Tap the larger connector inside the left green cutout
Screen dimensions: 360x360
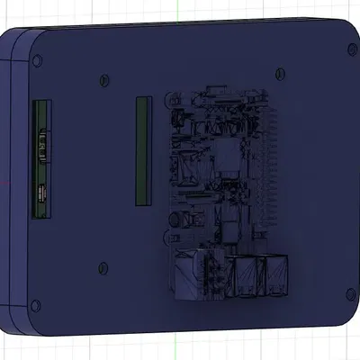click(x=41, y=144)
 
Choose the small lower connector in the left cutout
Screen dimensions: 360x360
click(x=41, y=191)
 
